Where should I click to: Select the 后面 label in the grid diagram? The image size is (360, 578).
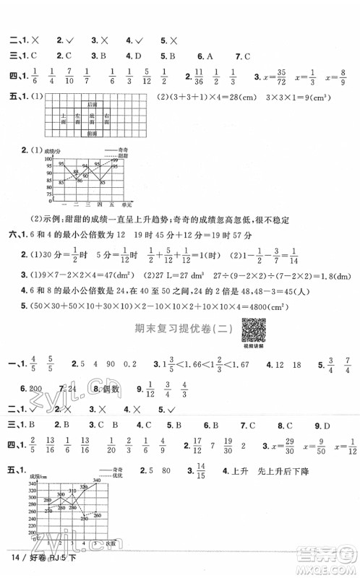91,105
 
